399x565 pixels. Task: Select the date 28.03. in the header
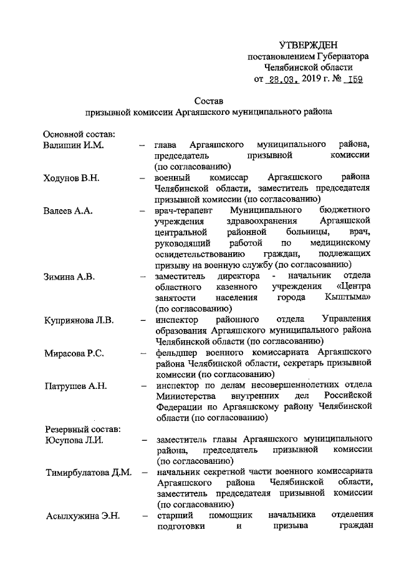point(282,79)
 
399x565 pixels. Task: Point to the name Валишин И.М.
point(68,145)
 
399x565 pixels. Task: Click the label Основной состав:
point(77,134)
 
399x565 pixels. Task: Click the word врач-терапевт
point(183,210)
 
